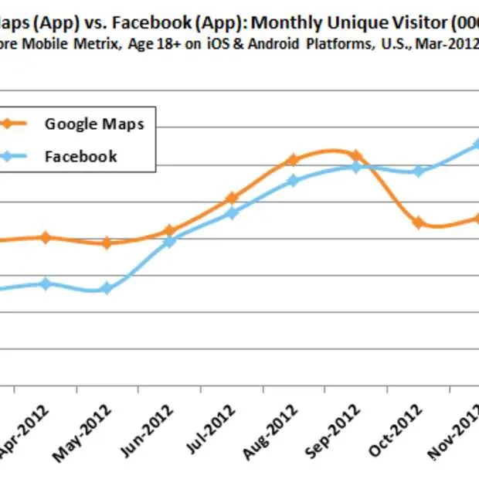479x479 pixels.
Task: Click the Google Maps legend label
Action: [x=94, y=124]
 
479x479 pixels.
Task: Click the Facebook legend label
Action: [x=81, y=156]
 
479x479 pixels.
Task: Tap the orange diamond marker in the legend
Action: [x=8, y=124]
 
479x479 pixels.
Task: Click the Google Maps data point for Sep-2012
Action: [x=356, y=155]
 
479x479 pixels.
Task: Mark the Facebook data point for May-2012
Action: [x=107, y=289]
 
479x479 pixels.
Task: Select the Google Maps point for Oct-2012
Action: [x=418, y=223]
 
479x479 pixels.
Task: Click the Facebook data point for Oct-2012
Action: [x=418, y=172]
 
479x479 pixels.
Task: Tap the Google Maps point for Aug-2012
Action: [x=293, y=160]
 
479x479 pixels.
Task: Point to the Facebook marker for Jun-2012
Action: [x=170, y=242]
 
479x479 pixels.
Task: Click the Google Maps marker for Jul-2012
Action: [x=231, y=199]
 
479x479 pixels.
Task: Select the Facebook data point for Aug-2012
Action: [x=293, y=181]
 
